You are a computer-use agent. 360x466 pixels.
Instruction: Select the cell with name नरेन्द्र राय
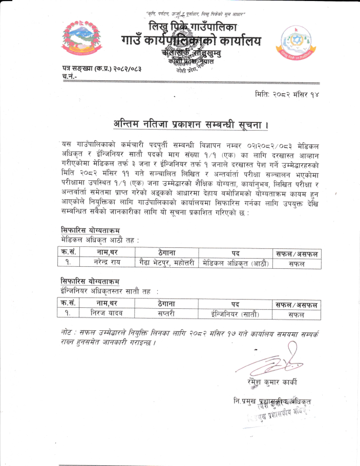click(107, 263)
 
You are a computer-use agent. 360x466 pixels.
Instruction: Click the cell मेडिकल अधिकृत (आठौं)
click(236, 263)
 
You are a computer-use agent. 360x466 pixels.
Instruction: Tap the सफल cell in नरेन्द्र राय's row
click(296, 264)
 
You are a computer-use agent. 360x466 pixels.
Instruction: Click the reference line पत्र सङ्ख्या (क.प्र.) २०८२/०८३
click(100, 69)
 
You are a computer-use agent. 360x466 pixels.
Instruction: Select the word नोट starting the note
click(65, 332)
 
